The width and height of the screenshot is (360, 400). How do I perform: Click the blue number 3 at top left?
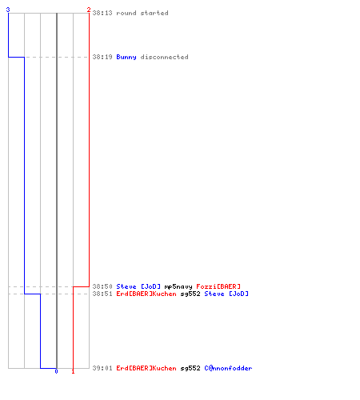click(8, 10)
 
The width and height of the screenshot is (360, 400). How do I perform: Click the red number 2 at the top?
click(89, 10)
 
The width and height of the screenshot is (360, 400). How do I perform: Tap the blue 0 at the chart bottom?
click(56, 371)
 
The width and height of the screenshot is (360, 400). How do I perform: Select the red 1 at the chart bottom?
click(73, 371)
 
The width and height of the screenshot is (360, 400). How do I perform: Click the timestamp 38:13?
click(102, 13)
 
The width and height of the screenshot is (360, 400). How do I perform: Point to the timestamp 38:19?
click(102, 57)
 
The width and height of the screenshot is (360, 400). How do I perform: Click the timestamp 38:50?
click(102, 286)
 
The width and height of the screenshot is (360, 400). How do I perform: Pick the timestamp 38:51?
click(102, 294)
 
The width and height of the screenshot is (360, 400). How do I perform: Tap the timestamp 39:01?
click(102, 368)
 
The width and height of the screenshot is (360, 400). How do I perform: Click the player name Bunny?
click(126, 58)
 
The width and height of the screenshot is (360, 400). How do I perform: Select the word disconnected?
click(164, 57)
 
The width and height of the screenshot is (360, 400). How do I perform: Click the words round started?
click(142, 13)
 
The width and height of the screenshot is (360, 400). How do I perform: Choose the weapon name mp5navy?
click(178, 287)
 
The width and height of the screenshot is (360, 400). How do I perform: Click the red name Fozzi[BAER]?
click(218, 286)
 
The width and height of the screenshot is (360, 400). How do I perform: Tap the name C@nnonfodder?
click(228, 368)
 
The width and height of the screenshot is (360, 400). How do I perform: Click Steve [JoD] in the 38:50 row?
click(138, 286)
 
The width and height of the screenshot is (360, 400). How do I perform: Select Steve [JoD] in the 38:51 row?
click(226, 294)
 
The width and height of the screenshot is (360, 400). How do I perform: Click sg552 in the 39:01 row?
click(190, 369)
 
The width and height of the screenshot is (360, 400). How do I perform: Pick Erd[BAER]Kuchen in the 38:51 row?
click(146, 294)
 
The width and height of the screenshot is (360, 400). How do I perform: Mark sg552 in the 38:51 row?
click(190, 294)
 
